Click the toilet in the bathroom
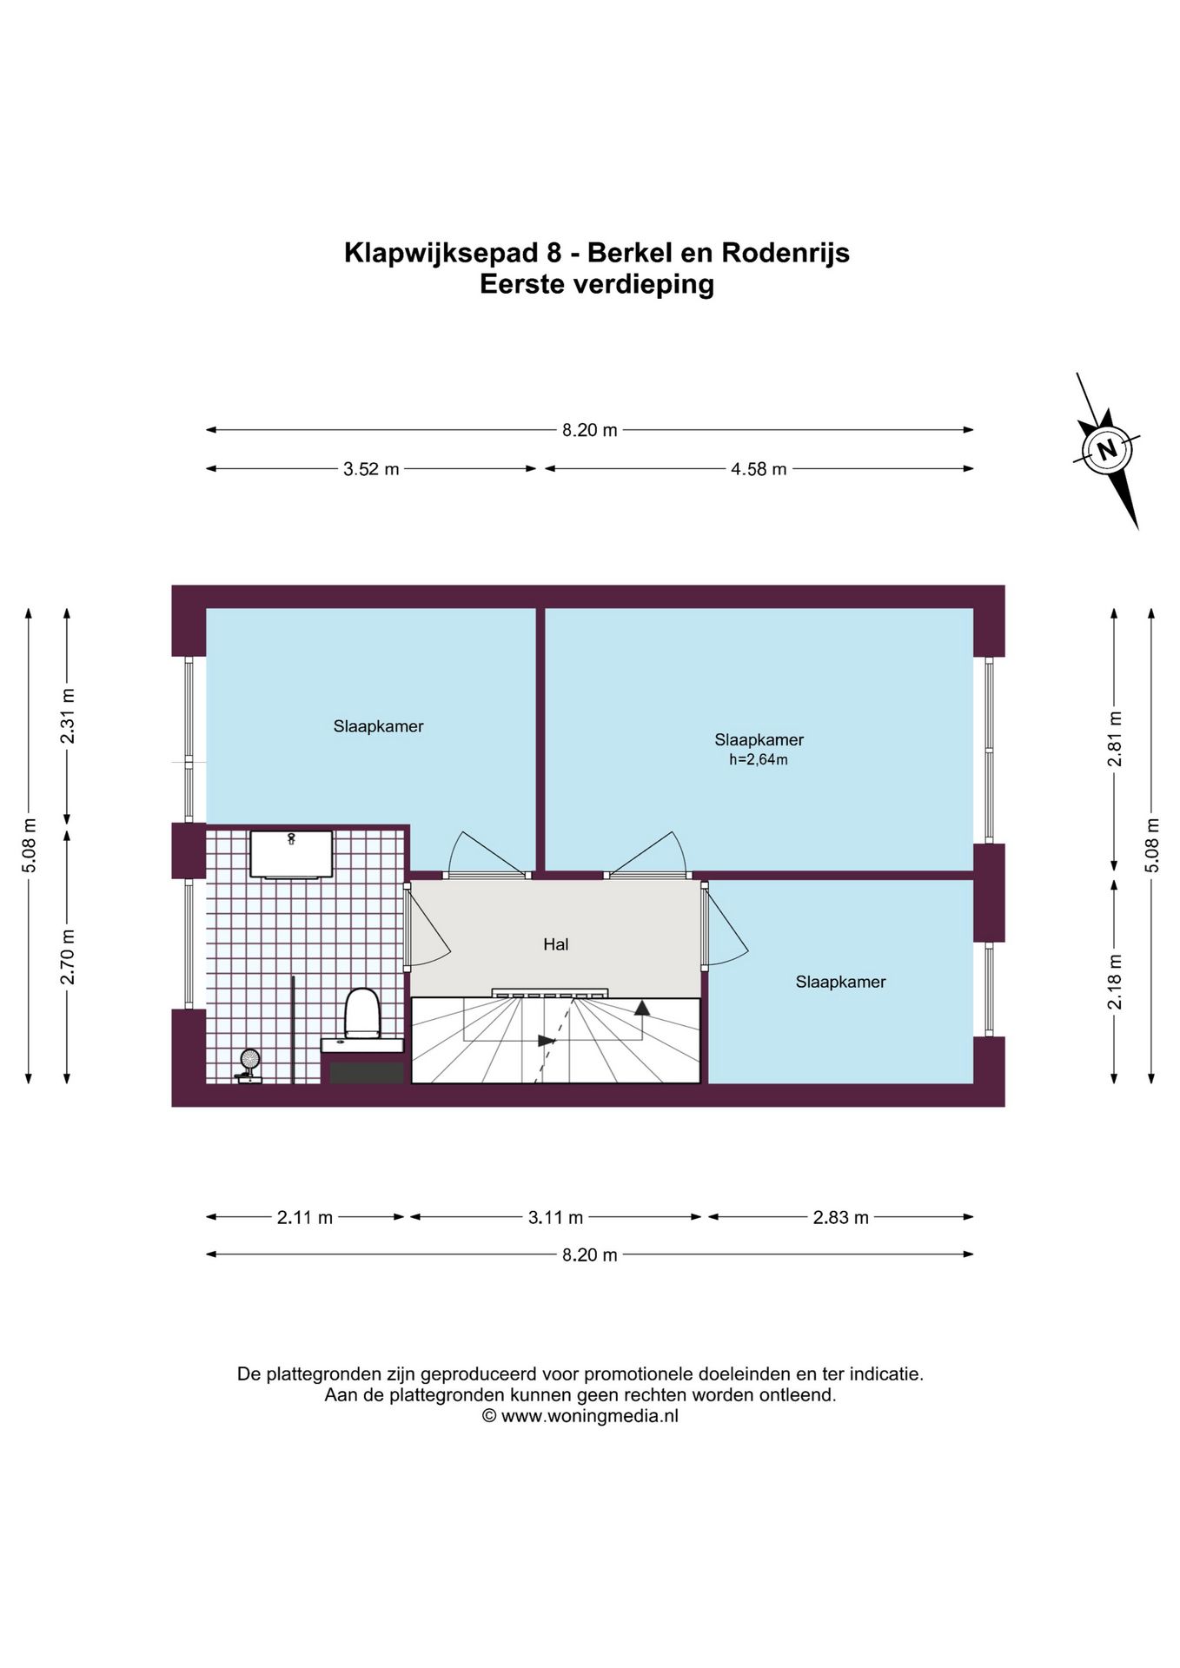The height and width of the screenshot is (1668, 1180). click(362, 1013)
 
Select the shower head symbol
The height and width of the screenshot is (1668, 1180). click(250, 1060)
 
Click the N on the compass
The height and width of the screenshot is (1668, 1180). click(1107, 450)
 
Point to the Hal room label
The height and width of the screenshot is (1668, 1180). click(556, 944)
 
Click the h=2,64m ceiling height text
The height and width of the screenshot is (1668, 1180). click(759, 760)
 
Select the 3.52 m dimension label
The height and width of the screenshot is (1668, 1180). click(371, 469)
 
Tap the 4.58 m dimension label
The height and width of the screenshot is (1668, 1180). click(759, 469)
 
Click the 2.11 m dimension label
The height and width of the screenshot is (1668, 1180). click(305, 1218)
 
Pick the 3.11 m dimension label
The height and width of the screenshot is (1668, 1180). click(556, 1218)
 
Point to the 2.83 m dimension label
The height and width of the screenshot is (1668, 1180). click(841, 1218)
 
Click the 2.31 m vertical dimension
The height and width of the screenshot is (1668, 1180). click(68, 716)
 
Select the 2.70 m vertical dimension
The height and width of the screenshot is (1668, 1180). click(68, 956)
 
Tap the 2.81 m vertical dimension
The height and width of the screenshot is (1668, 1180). click(1115, 739)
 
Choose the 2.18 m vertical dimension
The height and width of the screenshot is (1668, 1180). click(1115, 982)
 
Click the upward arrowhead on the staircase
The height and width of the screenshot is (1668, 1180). click(642, 1008)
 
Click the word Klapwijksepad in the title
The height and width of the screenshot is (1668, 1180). click(441, 253)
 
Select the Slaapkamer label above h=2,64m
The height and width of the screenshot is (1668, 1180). click(759, 740)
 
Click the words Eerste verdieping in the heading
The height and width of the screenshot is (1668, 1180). click(597, 284)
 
